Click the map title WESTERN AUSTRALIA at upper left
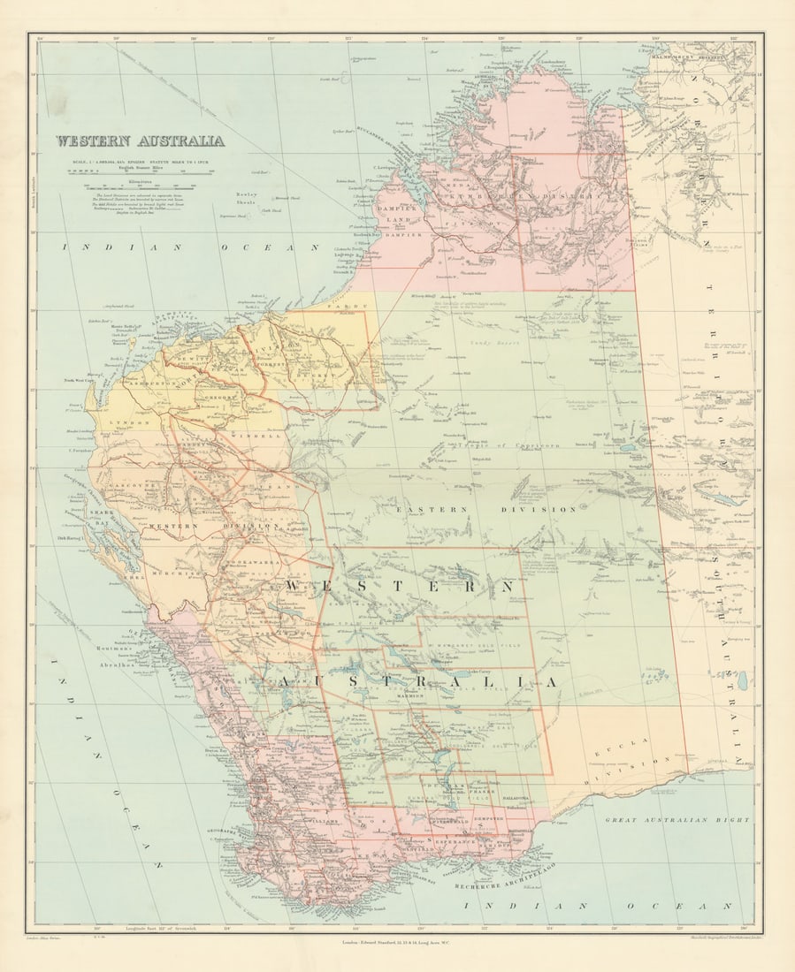coord(140,140)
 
